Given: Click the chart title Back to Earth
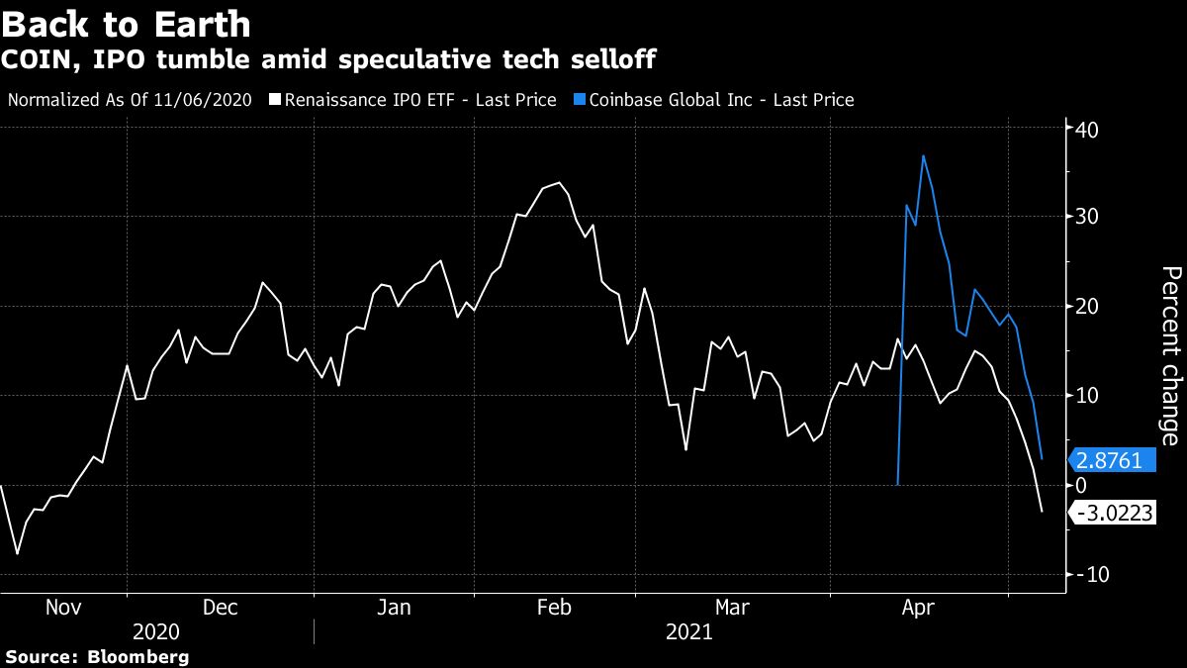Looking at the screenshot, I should point(126,24).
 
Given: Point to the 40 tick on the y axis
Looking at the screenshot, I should point(1087,129).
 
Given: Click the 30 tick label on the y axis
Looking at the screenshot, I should point(1087,217).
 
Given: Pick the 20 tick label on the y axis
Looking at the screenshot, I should point(1087,306).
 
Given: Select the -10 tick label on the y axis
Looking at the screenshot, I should point(1092,575).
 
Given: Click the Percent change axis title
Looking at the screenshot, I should point(1170,355).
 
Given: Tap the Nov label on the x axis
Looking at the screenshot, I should point(64,607).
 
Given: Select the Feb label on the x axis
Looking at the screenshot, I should point(553,607).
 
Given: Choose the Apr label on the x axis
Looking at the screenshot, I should point(920,607).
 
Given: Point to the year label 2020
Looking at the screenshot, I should point(156,632).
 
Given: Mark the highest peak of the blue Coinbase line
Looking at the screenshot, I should point(923,155).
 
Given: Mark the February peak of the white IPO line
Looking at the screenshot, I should point(560,182).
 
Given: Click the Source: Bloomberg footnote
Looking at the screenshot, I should point(97,657).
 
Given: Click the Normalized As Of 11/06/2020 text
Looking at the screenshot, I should point(130,100).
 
